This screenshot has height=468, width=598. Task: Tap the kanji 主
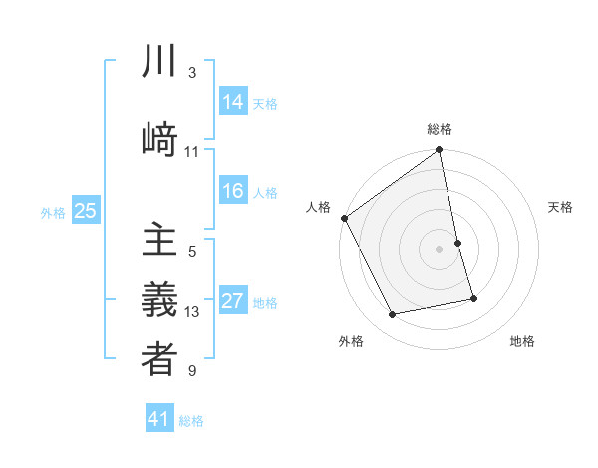click(x=159, y=242)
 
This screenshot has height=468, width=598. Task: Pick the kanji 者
click(x=159, y=359)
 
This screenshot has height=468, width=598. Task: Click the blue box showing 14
click(x=233, y=101)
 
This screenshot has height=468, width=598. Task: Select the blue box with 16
click(x=233, y=191)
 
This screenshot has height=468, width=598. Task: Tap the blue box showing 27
click(x=233, y=301)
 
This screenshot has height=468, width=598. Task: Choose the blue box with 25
click(x=85, y=210)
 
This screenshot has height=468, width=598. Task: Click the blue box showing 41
click(x=159, y=419)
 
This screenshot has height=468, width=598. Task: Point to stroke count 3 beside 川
click(x=192, y=73)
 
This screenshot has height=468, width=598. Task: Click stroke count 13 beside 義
click(x=192, y=312)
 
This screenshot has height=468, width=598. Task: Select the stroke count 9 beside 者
click(x=192, y=371)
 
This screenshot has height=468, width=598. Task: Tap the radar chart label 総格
click(x=440, y=129)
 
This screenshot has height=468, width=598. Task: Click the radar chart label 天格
click(x=561, y=207)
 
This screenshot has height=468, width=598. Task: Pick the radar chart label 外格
click(x=351, y=342)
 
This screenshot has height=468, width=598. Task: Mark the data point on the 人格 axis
click(x=344, y=218)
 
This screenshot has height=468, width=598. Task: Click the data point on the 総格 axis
click(x=440, y=151)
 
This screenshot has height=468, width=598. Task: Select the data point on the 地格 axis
click(x=473, y=298)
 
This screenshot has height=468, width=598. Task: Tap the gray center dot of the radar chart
click(x=440, y=249)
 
